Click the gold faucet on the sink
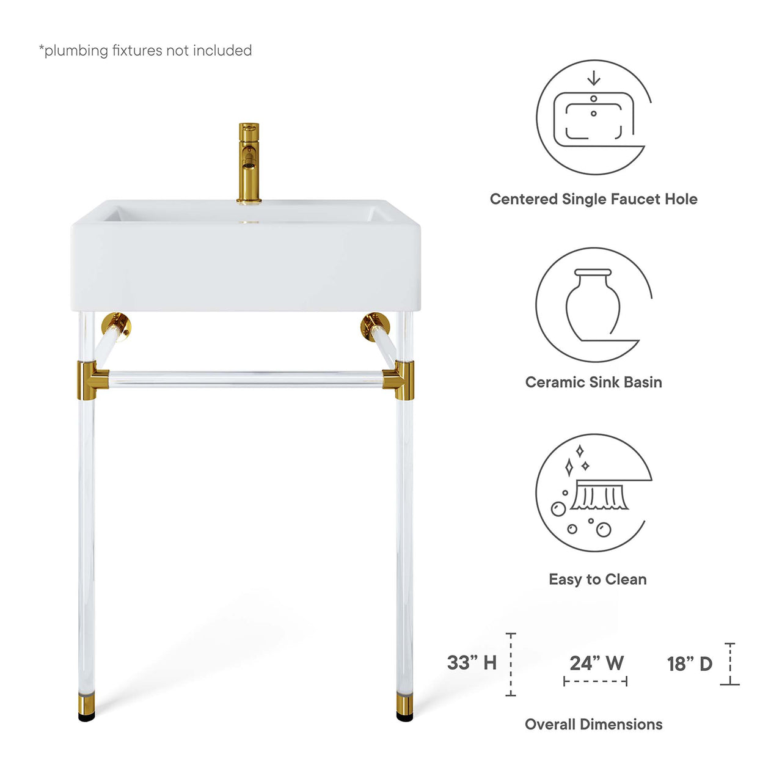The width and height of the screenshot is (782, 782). point(249,163)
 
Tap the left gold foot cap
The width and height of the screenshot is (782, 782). point(86,706)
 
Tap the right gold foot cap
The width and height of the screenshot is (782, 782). point(404,706)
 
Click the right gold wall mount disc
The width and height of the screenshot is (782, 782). point(373,325)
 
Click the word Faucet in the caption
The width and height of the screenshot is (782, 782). point(633,199)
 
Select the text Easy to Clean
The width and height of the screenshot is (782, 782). point(597,579)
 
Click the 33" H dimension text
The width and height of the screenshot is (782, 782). point(472,663)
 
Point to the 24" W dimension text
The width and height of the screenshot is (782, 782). point(596,663)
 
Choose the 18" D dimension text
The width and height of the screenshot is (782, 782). point(690,663)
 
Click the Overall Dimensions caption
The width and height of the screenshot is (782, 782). point(593,725)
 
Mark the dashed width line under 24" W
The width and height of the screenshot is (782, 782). point(596,681)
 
